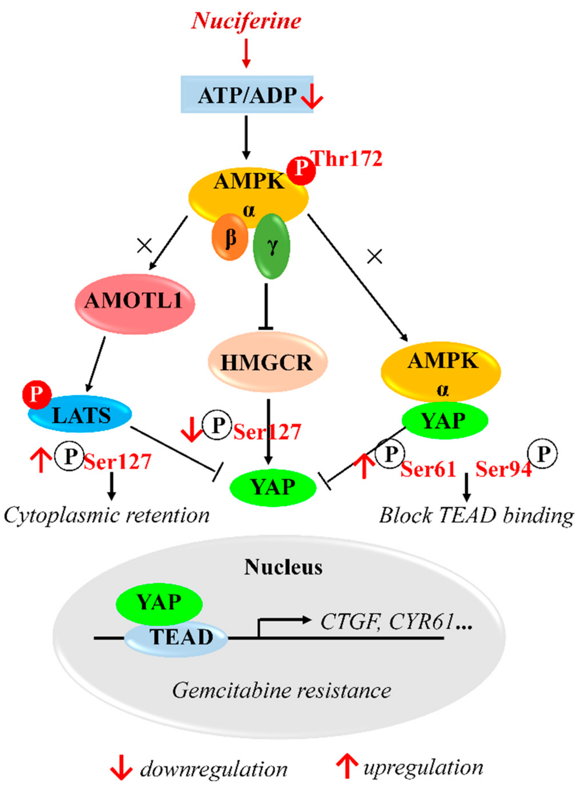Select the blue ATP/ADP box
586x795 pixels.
click(247, 94)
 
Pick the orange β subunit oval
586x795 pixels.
click(230, 237)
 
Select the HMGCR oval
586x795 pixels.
click(267, 362)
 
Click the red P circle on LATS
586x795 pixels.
click(37, 394)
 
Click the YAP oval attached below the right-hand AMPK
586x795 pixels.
click(444, 421)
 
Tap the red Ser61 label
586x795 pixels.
click(428, 469)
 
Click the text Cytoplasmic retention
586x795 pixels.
click(106, 515)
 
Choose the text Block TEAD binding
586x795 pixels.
click(476, 515)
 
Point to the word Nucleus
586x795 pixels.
click(283, 567)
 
